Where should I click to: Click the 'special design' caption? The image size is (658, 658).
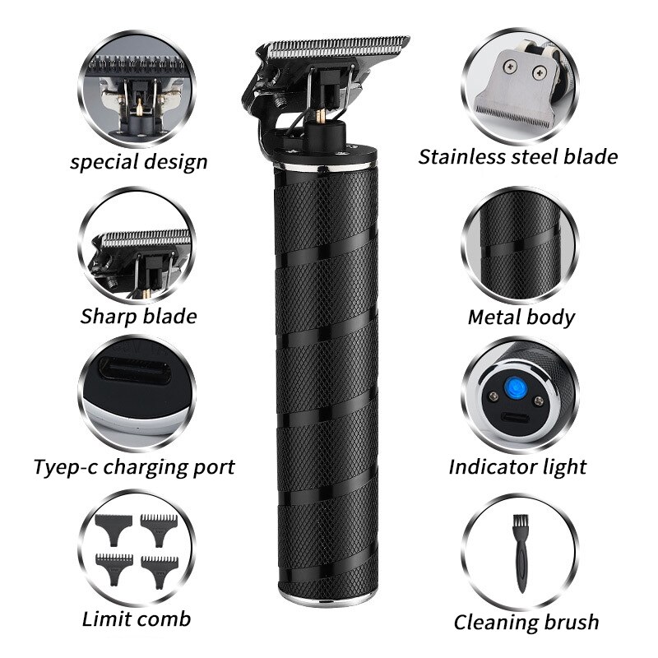138,161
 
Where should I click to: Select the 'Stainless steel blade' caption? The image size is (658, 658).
518,155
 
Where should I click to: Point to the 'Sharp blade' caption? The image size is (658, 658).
138,317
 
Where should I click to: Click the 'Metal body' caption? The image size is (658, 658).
521,317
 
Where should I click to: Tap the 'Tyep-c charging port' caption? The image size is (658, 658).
134,467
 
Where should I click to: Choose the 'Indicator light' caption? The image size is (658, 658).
517,467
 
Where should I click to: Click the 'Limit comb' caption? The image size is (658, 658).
137,619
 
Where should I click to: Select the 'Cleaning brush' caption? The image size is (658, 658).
526,622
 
